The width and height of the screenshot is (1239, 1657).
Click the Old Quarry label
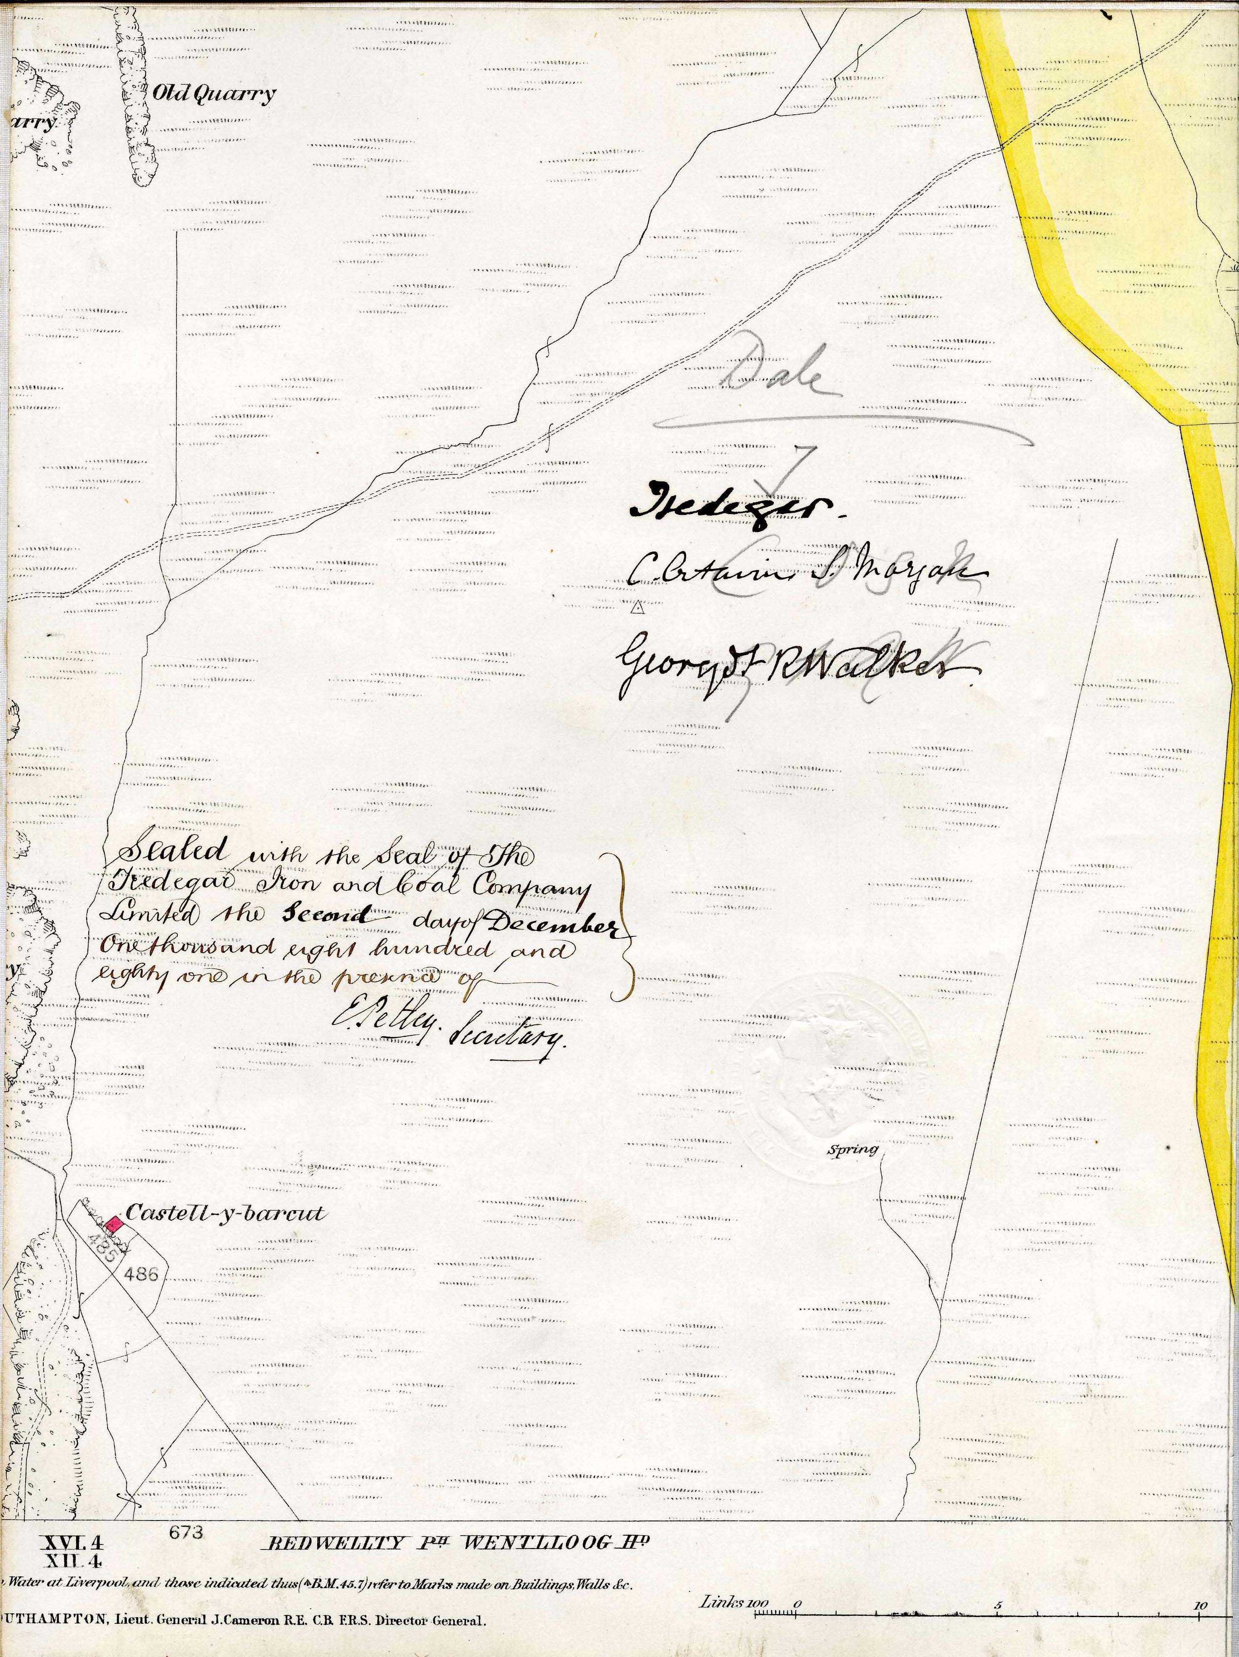point(213,95)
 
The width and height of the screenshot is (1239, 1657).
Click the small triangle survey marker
point(637,609)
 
